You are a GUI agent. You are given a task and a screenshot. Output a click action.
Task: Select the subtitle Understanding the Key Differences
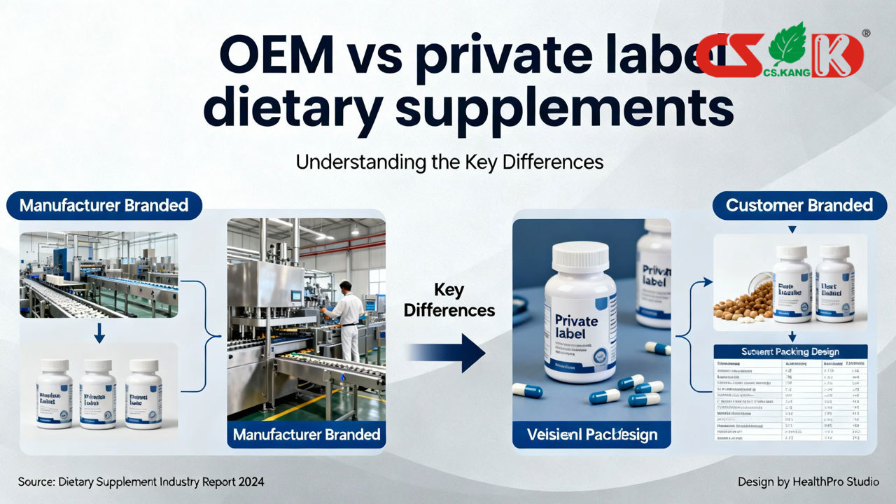pyautogui.click(x=449, y=162)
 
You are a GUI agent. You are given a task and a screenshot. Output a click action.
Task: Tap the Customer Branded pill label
pyautogui.click(x=799, y=205)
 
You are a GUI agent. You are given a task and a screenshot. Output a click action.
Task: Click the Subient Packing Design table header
pyautogui.click(x=790, y=351)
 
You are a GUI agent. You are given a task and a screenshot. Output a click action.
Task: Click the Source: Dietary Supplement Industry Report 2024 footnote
pyautogui.click(x=141, y=482)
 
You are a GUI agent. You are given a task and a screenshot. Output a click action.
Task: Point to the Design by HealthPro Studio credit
pyautogui.click(x=808, y=482)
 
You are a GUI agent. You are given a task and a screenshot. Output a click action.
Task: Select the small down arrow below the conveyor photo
pyautogui.click(x=99, y=337)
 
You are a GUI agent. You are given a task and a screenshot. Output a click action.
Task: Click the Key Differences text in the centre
pyautogui.click(x=449, y=300)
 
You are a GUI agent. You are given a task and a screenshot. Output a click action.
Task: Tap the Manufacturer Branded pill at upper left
pyautogui.click(x=104, y=205)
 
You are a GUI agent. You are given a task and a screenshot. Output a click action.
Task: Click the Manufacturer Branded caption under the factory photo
pyautogui.click(x=306, y=434)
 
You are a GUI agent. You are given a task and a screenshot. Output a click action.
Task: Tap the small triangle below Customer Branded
pyautogui.click(x=792, y=230)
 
